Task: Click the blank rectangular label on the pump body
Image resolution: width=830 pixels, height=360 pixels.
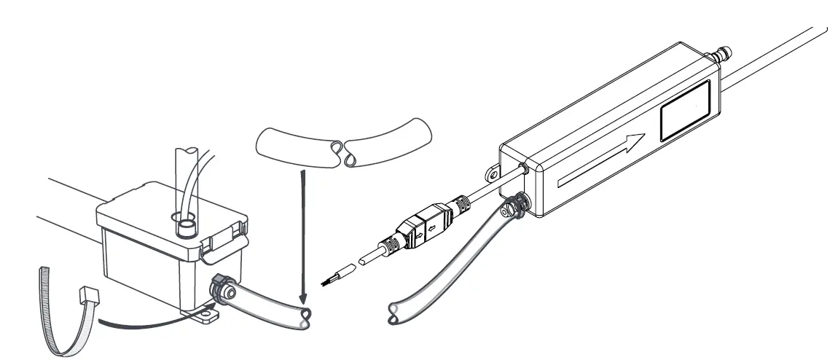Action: (x=686, y=110)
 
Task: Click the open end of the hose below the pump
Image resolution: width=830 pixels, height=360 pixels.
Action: (x=394, y=313)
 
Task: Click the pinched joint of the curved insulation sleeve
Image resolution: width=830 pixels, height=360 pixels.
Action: (x=342, y=153)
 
